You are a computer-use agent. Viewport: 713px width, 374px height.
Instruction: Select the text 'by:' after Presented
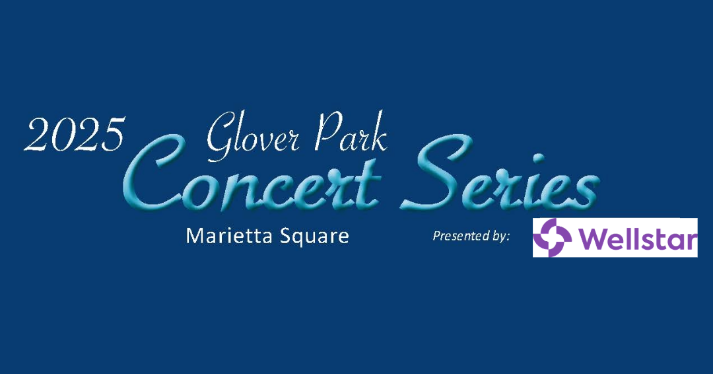(499, 236)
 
